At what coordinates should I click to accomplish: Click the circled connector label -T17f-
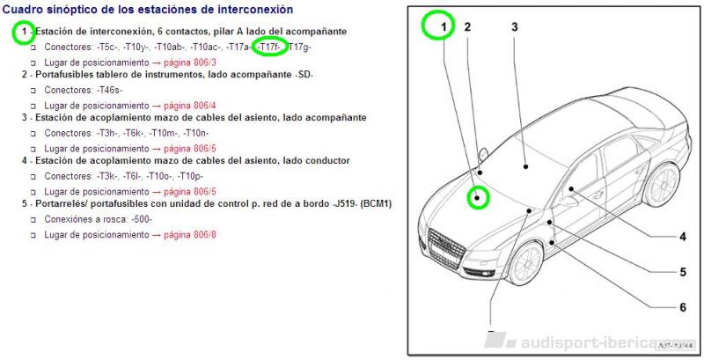tap(269, 47)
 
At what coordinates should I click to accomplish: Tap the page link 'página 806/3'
tap(190, 62)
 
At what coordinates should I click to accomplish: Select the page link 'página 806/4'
tap(190, 106)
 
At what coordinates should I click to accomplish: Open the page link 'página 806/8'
tap(190, 235)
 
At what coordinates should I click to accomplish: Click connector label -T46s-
tap(109, 90)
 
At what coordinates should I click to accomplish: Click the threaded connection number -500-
tap(142, 219)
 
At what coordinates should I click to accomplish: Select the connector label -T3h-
tap(107, 133)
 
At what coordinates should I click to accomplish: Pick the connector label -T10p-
tap(190, 176)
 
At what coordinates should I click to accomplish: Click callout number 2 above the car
tap(467, 27)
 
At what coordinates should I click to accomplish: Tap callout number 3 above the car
tap(515, 27)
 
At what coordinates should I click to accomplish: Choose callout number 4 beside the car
tap(683, 237)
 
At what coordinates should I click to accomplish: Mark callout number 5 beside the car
tap(683, 272)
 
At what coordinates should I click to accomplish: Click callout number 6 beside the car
tap(683, 307)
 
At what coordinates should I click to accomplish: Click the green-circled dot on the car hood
tap(478, 197)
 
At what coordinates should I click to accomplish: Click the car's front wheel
tap(526, 265)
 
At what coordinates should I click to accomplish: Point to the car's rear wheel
tap(663, 185)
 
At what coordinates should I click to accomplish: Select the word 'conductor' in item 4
tap(327, 161)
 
